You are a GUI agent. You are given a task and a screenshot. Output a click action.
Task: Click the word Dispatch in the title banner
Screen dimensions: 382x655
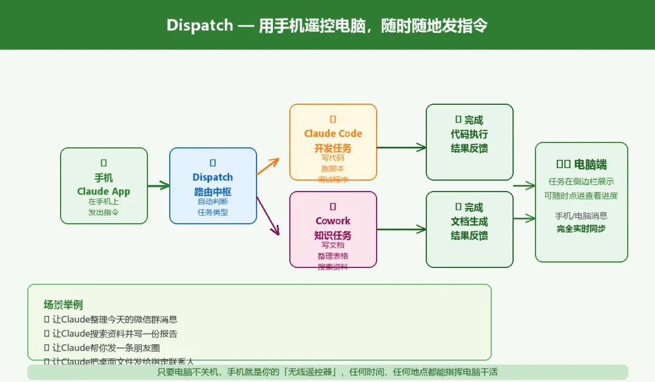click(200, 25)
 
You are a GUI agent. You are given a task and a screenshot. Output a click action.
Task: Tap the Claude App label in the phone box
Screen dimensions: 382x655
click(104, 192)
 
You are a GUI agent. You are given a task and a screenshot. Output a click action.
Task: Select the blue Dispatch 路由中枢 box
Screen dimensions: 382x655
click(213, 186)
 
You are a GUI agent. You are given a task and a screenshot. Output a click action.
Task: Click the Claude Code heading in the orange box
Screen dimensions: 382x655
click(333, 133)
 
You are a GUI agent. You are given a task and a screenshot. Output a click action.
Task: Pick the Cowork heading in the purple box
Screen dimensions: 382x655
click(333, 221)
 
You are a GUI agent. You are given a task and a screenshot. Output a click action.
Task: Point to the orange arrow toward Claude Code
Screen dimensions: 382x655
click(267, 166)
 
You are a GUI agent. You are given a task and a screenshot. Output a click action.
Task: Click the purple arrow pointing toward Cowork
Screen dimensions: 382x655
click(267, 215)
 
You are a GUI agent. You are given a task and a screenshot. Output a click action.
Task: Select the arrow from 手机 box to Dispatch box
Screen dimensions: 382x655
click(158, 186)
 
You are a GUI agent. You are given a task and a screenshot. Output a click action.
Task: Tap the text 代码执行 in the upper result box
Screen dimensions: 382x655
click(469, 134)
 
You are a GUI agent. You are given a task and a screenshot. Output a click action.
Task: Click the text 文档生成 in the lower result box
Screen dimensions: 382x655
click(469, 221)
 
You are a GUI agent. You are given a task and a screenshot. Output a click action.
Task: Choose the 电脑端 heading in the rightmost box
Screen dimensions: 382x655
click(590, 164)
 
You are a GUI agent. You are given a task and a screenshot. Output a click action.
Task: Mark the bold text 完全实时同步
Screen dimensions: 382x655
click(582, 229)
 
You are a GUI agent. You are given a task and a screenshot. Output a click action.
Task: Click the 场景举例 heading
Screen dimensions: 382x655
click(63, 304)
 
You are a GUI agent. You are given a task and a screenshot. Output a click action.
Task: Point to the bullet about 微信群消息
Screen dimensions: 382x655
click(115, 319)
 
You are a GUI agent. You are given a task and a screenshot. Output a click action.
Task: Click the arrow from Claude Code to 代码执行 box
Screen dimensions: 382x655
click(401, 147)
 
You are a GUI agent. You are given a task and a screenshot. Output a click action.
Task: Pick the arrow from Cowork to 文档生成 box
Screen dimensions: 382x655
click(401, 230)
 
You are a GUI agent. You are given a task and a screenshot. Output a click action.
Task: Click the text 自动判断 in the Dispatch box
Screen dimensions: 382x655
click(213, 201)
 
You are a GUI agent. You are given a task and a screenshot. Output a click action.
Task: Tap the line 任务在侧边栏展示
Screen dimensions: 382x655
click(582, 181)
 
